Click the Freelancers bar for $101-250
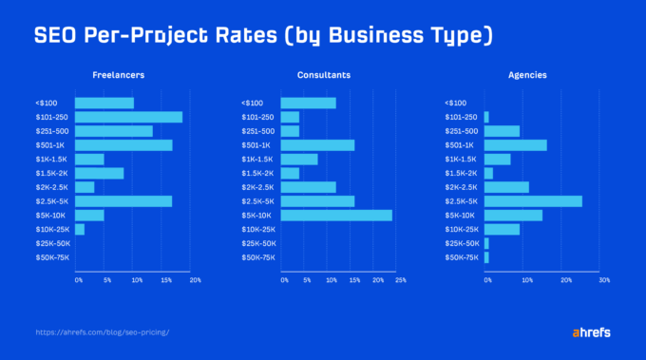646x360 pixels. [128, 117]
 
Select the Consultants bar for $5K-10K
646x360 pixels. [336, 215]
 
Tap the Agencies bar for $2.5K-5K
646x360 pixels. [533, 201]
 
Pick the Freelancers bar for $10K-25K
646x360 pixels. [80, 229]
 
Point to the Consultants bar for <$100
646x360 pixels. [309, 103]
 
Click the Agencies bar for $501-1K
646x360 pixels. [516, 145]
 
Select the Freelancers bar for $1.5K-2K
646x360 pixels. [99, 173]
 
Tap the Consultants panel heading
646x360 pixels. [325, 75]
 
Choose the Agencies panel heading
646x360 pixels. [527, 75]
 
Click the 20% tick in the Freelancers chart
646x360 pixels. [196, 280]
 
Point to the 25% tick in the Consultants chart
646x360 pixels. [400, 280]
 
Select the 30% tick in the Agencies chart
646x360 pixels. [603, 280]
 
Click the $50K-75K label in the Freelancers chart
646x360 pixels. [52, 257]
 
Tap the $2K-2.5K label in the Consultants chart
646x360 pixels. [257, 187]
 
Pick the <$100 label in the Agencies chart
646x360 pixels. [456, 103]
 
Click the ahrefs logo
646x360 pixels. [591, 332]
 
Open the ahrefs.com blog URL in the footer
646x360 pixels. [102, 333]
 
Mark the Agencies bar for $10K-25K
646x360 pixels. [502, 229]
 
